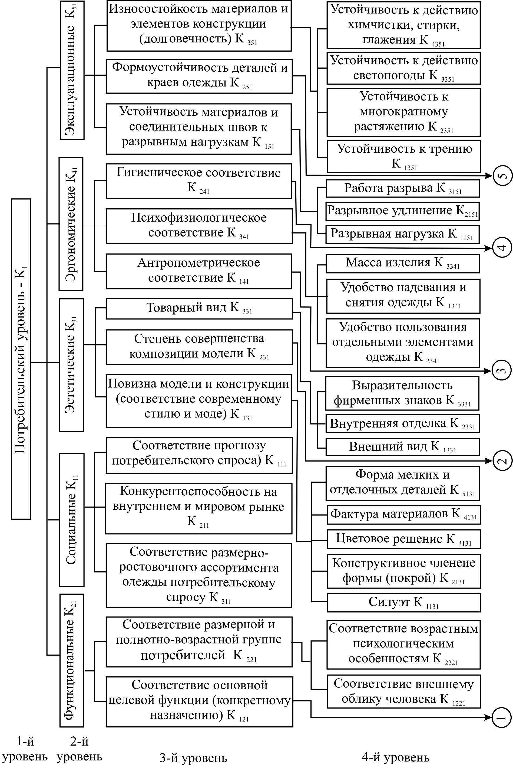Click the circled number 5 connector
tap(502, 176)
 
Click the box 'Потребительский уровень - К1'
tap(21, 359)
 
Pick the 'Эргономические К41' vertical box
tap(71, 224)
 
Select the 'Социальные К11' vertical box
tap(72, 520)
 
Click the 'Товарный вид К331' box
tap(199, 308)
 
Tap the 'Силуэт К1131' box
tap(403, 602)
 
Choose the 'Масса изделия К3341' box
tap(402, 263)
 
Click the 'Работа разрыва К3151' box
tap(403, 189)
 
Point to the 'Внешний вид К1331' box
tap(402, 447)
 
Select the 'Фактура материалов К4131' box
tap(403, 515)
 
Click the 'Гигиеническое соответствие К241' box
tap(198, 181)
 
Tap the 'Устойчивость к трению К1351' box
tap(404, 156)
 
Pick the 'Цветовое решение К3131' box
tap(403, 539)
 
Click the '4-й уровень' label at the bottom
tap(396, 757)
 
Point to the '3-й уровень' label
tap(193, 757)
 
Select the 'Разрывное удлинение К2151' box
tap(402, 211)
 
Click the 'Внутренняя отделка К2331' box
tap(402, 423)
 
